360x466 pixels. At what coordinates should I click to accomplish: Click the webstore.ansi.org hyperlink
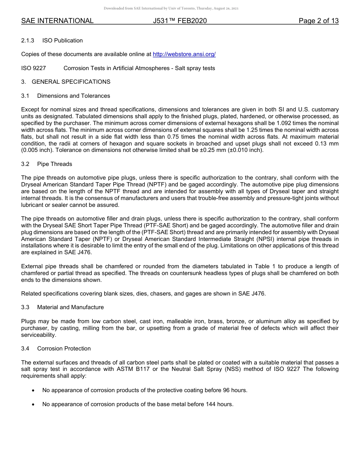click(184, 54)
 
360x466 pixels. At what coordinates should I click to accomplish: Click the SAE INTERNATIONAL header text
click(57, 21)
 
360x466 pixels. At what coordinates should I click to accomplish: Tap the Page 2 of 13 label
click(318, 21)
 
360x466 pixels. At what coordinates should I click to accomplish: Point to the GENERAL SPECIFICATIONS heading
click(71, 82)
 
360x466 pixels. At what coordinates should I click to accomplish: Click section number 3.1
click(25, 96)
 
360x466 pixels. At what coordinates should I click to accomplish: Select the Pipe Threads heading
click(55, 164)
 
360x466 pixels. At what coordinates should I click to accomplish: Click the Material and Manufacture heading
click(70, 307)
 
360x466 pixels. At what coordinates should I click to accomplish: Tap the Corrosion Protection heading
click(64, 349)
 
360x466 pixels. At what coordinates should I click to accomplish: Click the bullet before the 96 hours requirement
click(33, 390)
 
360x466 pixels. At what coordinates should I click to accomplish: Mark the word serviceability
click(38, 335)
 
